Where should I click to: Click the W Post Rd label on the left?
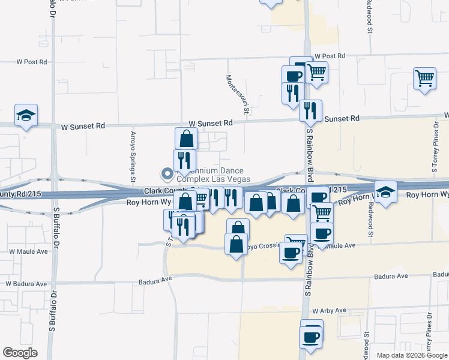coord(32,62)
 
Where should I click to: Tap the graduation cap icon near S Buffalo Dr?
coord(26,116)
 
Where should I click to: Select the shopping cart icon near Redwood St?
coord(424,79)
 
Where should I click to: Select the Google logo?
coord(20,353)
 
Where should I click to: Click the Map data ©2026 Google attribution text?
coord(411,355)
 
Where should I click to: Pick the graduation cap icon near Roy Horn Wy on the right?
coord(385,192)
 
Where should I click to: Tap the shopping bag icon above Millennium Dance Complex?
coord(187,139)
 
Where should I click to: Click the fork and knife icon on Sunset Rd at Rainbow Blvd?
coord(310,110)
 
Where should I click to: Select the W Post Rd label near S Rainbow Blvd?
coord(330,56)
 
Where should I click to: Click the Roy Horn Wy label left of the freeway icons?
coord(142,203)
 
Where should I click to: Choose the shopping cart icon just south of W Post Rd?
coord(316,73)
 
